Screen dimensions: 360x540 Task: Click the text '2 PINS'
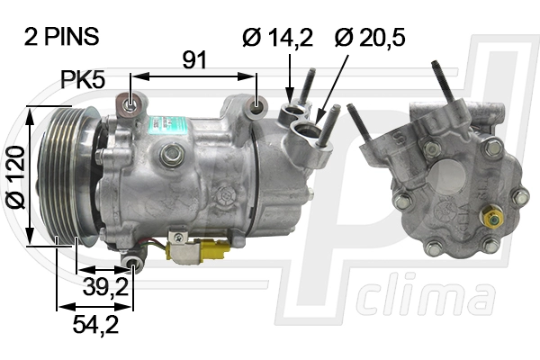[60, 37]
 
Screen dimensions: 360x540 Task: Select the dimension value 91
[194, 59]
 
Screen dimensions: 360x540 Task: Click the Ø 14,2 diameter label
[277, 37]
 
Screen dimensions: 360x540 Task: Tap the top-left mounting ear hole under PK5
[132, 104]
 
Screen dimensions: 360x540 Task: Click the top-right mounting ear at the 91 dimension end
[258, 107]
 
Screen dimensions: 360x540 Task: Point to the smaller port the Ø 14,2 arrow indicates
[291, 112]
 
